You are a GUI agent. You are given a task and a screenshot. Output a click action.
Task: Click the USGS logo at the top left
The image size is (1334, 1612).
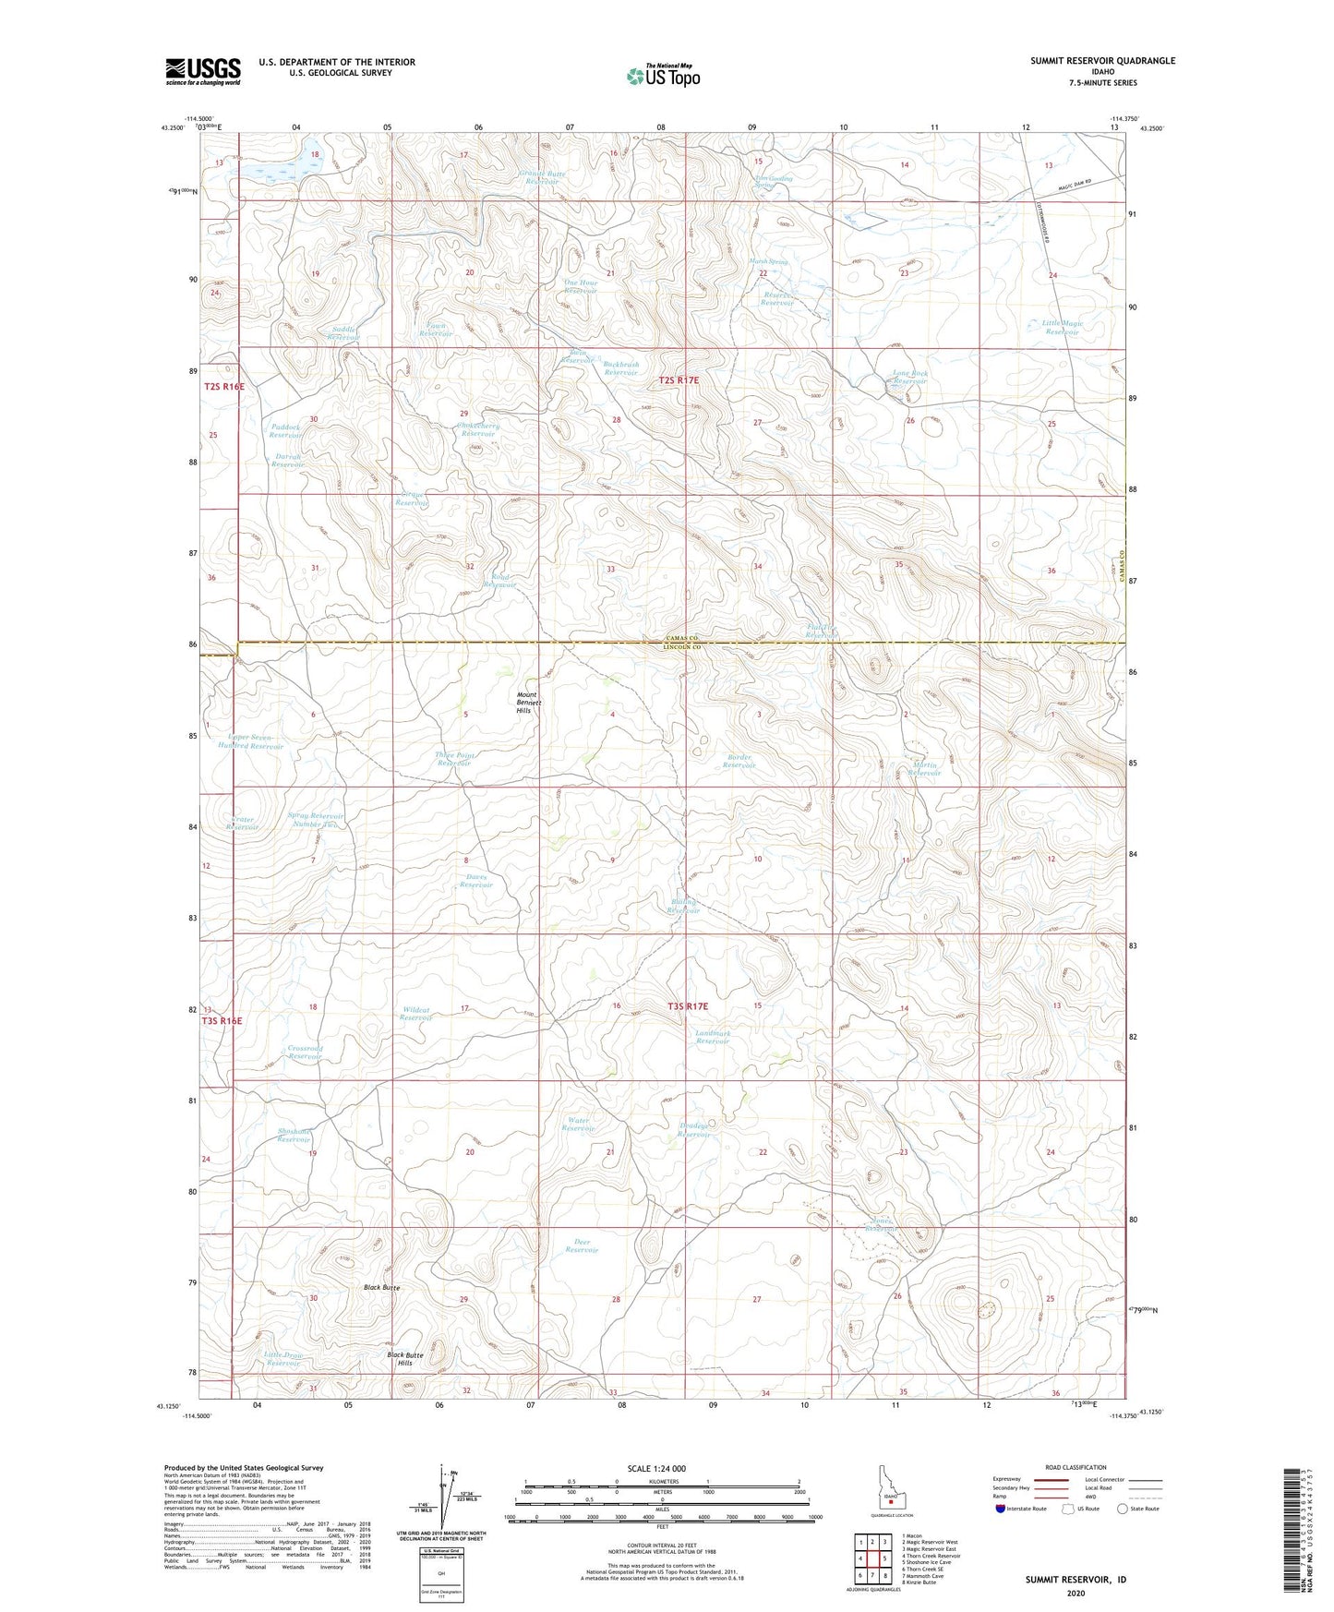pos(202,71)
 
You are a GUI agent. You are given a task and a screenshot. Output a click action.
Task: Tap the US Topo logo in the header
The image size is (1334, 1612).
pos(662,75)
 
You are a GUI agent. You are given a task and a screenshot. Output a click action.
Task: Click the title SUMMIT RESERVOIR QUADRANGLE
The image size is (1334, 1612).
pos(1102,61)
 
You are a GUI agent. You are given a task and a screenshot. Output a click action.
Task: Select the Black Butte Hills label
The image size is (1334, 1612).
pos(405,1359)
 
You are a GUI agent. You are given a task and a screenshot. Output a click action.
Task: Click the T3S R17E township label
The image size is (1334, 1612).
pos(687,1005)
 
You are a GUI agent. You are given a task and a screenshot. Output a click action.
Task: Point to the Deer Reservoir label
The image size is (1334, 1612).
pos(582,1246)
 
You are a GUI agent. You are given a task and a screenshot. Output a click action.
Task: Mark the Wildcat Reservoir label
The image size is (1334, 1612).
pos(416,1014)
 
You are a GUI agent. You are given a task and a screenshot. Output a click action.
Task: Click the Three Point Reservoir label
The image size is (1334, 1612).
pos(454,760)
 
